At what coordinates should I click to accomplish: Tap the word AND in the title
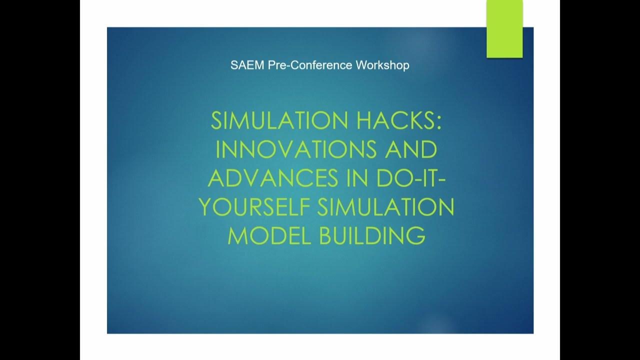[x=412, y=149]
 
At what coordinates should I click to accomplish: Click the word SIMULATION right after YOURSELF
[x=385, y=207]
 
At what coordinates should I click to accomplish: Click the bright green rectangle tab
[x=504, y=29]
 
